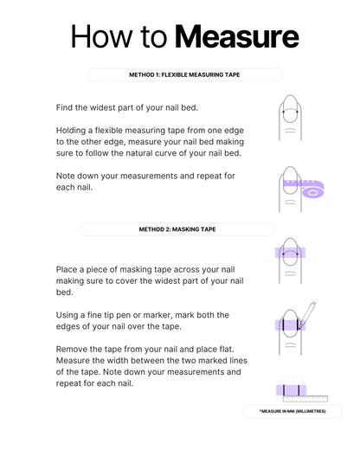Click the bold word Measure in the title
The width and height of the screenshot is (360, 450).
237,37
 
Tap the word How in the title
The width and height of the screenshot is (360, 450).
101,36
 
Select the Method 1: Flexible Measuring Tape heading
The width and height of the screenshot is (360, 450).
184,74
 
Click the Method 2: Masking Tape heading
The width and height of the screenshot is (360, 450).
177,229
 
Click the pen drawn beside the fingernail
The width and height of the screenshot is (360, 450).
307,315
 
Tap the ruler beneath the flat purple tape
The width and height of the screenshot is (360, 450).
305,399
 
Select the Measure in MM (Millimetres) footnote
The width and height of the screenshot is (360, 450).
292,411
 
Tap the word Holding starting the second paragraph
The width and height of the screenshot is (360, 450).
71,131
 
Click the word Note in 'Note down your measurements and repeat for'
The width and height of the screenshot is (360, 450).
65,176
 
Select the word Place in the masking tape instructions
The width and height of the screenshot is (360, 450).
66,269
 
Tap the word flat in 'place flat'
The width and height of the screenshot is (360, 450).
227,349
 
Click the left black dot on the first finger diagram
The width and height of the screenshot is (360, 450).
284,112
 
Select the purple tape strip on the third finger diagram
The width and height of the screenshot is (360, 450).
290,253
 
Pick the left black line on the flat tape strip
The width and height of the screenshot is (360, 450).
284,390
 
